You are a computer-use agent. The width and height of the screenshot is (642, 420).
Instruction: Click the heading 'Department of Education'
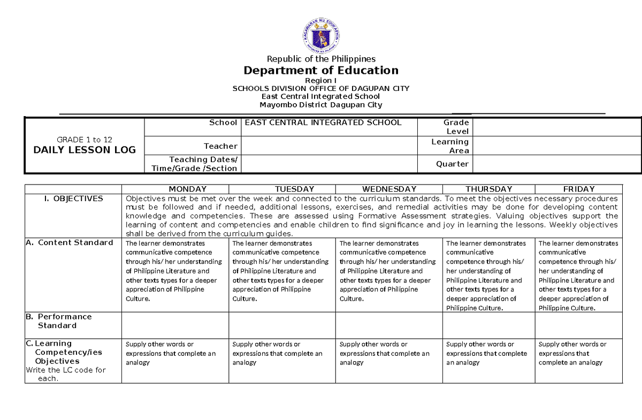coord(320,71)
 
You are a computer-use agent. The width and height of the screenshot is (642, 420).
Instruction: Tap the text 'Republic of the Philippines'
coord(320,59)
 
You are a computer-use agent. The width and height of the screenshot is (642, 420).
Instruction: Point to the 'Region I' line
coord(320,80)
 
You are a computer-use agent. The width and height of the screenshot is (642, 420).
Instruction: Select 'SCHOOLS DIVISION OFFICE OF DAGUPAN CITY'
coord(320,88)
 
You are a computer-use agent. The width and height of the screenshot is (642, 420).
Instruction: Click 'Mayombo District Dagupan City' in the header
coord(320,105)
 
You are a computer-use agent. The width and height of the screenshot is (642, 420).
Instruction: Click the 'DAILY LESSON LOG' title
coord(85,150)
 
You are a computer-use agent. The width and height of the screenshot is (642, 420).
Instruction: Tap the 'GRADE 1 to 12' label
coord(85,140)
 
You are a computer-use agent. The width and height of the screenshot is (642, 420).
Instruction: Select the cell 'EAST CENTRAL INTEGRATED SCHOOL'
coord(323,123)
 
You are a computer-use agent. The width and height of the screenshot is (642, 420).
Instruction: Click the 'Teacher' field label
coord(220,146)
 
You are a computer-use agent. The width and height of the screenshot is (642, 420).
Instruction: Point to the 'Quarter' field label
coord(452,164)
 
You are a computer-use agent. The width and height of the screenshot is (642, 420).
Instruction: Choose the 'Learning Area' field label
coord(450,146)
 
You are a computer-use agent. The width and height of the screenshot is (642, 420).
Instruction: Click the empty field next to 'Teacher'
coord(328,146)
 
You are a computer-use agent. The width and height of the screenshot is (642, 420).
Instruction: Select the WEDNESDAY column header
coord(389,189)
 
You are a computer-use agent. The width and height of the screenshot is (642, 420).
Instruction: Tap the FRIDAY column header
coord(579,189)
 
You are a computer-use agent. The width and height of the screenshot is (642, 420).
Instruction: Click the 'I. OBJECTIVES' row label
coord(74,198)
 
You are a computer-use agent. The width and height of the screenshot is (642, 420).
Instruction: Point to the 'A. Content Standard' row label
coord(70,243)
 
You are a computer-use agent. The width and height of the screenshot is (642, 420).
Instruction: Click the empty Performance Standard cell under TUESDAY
coord(282,325)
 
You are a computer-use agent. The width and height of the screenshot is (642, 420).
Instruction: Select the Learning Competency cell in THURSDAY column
coord(488,354)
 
